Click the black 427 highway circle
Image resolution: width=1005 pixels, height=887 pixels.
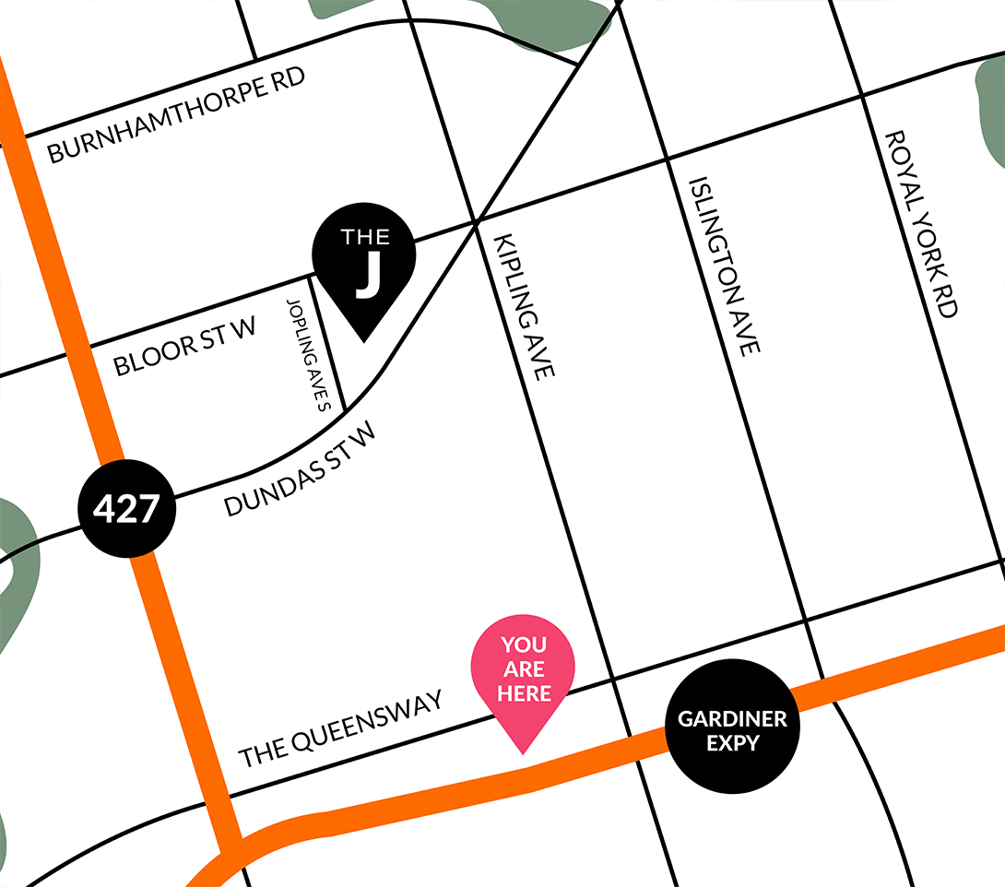pos(126,508)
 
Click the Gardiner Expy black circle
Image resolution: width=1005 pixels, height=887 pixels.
pos(733,730)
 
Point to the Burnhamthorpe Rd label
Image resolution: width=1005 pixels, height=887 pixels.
pos(176,115)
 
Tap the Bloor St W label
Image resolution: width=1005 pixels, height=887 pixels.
pos(184,346)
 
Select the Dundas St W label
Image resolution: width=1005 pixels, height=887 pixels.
pos(301,469)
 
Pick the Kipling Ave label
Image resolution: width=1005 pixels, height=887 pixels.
pos(525,305)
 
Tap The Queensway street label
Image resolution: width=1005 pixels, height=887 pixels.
pos(340,729)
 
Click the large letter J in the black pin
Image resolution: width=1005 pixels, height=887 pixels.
pos(368,276)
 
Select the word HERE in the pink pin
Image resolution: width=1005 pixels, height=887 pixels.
pos(524,693)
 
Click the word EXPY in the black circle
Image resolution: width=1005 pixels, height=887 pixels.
pos(732,742)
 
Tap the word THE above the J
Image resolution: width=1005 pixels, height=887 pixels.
pos(365,237)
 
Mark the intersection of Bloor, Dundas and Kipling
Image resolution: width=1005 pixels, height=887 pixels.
pos(477,222)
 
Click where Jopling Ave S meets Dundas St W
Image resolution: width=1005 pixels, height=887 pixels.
pos(345,410)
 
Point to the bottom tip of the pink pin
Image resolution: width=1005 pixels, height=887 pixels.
pos(523,753)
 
